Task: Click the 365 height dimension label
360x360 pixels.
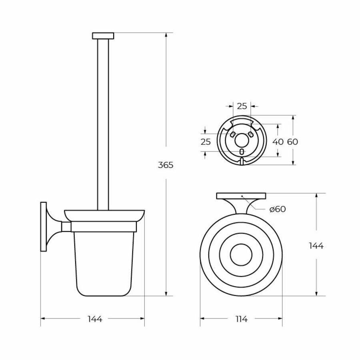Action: (x=166, y=165)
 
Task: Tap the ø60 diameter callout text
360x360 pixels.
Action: (x=278, y=209)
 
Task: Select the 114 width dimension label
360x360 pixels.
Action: (x=241, y=319)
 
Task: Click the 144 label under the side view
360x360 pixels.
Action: (x=95, y=319)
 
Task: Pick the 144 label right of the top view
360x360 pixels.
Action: (x=316, y=246)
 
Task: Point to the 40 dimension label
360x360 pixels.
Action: (x=278, y=142)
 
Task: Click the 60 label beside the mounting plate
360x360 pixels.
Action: (x=292, y=142)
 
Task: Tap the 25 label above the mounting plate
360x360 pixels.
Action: (x=242, y=106)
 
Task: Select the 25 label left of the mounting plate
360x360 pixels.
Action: (x=206, y=142)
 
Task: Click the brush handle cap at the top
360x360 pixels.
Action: (x=103, y=36)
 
